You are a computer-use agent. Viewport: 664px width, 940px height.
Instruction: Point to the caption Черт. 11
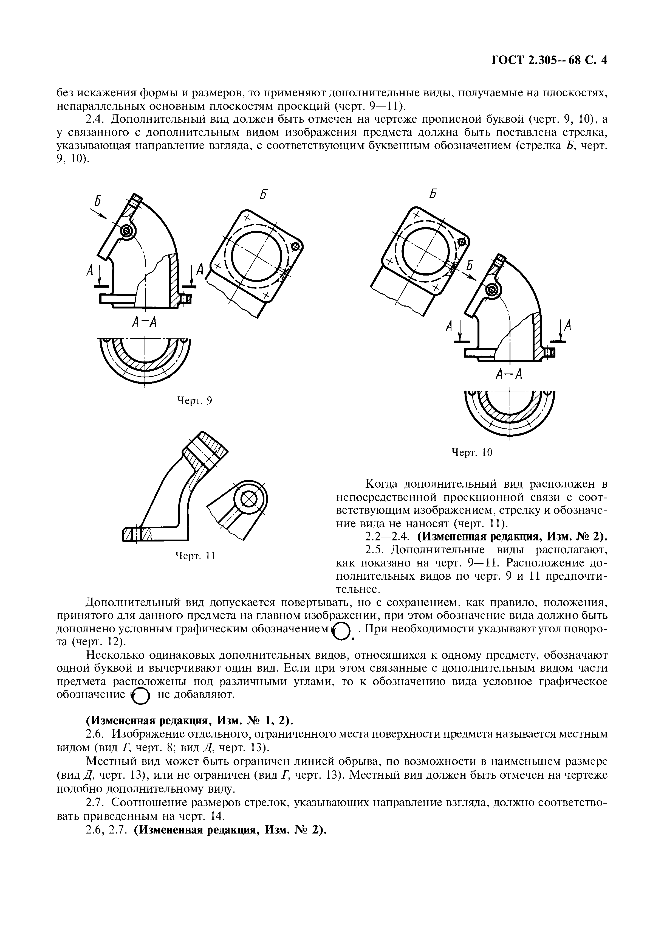[195, 555]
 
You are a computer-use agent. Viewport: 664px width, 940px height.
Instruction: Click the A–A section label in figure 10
[509, 374]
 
